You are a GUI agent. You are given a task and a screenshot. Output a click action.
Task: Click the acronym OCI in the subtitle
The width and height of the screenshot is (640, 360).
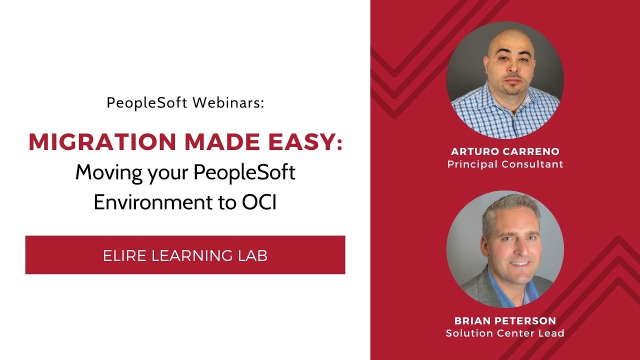(x=259, y=203)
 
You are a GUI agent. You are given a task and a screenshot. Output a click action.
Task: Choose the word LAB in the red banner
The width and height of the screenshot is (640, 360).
(x=252, y=255)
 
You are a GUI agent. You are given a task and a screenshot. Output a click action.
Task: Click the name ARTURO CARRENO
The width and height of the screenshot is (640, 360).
(x=505, y=151)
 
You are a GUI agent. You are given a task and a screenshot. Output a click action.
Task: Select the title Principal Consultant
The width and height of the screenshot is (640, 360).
(x=505, y=164)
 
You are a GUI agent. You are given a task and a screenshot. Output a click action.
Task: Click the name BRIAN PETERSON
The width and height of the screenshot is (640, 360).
(x=505, y=320)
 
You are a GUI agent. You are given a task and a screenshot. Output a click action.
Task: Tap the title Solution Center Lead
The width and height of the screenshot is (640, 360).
(x=505, y=333)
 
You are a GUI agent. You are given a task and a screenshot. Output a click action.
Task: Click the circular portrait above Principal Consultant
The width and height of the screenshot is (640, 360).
(x=505, y=80)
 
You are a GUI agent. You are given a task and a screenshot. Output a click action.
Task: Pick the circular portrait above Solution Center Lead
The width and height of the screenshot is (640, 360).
(x=505, y=248)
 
